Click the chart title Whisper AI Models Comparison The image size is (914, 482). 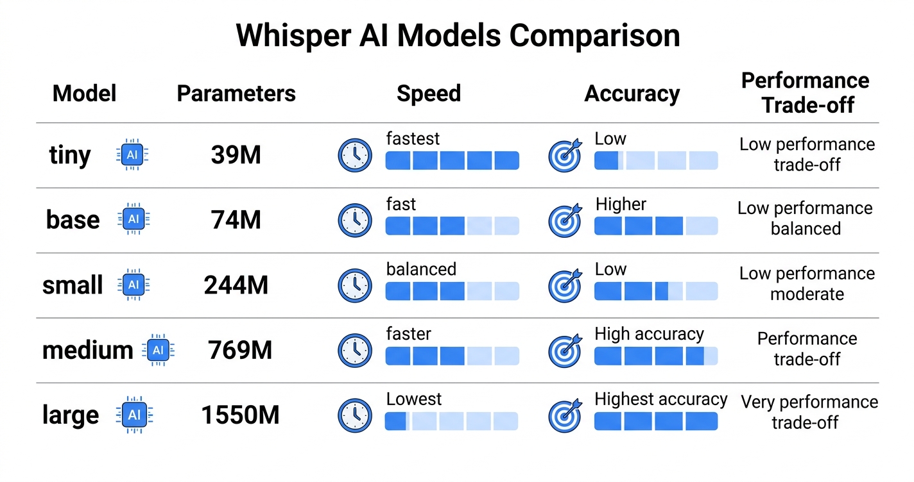point(458,36)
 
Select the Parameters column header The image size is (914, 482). point(236,94)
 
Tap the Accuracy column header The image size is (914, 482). point(632,94)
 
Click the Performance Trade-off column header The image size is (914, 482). point(806,93)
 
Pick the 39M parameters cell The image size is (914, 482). point(236,155)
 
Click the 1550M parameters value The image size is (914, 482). point(240,415)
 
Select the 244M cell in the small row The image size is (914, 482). point(236,285)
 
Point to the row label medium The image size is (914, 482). point(87,350)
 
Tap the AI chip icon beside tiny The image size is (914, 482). point(132,155)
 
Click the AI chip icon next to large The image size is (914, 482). point(134,415)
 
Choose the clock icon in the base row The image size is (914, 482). point(354,220)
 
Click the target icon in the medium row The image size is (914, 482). point(565,351)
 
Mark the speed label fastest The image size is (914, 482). point(413,138)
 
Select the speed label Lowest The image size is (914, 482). point(413,399)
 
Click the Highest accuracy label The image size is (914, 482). point(660,399)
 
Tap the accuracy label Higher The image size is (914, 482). point(621,204)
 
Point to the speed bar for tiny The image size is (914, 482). point(452,160)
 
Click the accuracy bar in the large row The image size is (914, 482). point(655,421)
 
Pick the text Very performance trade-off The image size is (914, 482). point(809,412)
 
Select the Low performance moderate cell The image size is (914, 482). point(807,283)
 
